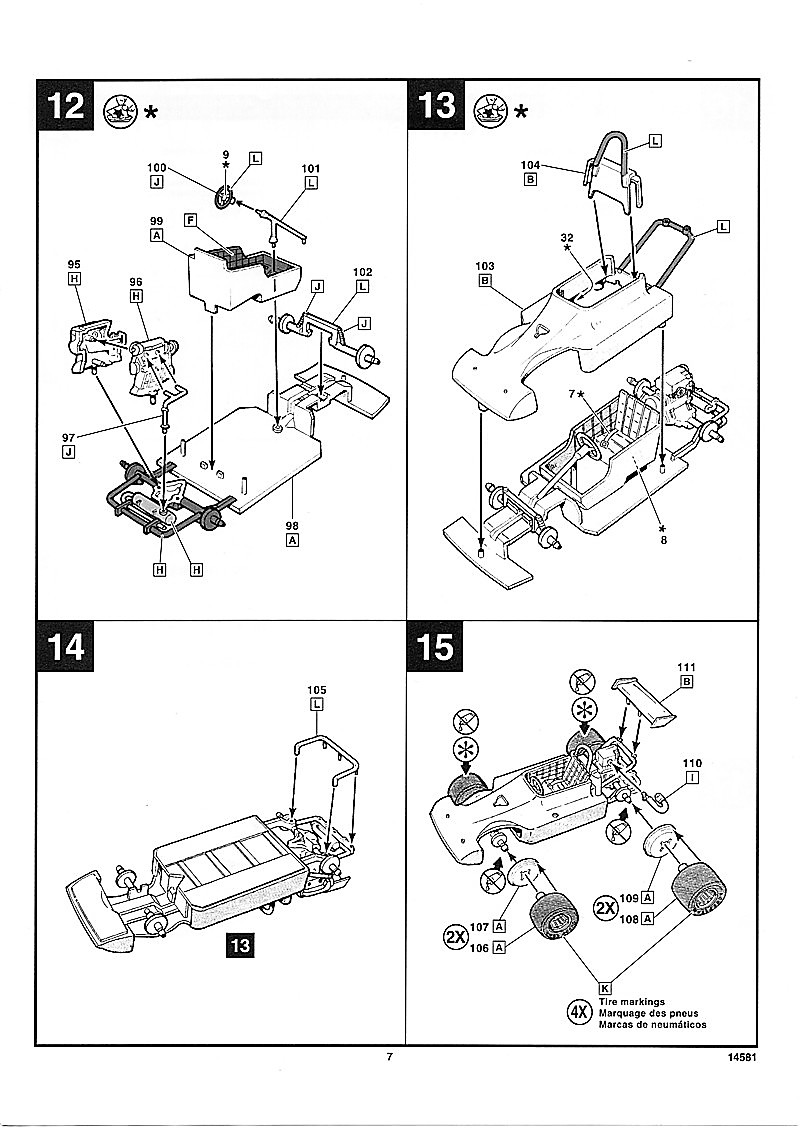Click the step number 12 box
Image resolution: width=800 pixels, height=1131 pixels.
[66, 105]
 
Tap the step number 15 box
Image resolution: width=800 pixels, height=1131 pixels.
[436, 646]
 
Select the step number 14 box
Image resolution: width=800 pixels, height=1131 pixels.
[66, 646]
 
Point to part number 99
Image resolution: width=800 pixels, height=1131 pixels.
[156, 220]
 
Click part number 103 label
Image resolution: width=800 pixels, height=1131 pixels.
[485, 266]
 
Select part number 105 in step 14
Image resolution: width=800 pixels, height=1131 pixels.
[318, 690]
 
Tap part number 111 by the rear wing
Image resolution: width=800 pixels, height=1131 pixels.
[686, 667]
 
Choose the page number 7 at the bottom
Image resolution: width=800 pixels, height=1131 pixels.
[390, 1057]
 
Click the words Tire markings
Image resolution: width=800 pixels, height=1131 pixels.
[632, 1001]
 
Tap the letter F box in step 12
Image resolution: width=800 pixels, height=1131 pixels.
[188, 218]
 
